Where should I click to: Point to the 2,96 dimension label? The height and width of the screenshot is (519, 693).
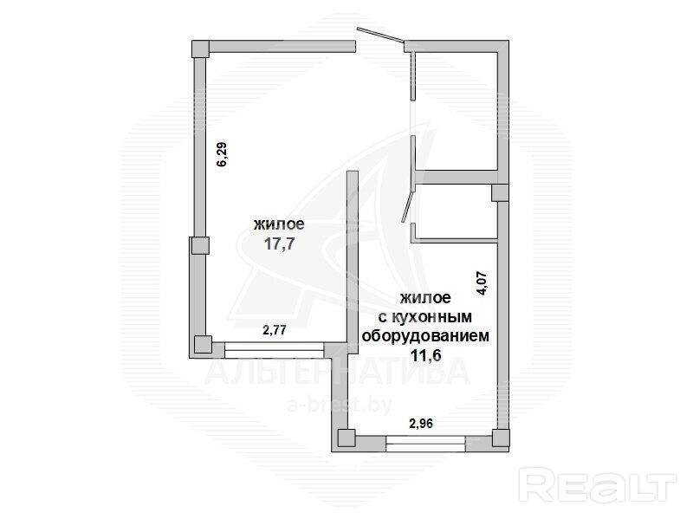pos(421,424)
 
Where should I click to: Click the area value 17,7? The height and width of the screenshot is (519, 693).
pos(279,243)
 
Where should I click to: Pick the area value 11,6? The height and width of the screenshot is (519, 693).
pos(426,355)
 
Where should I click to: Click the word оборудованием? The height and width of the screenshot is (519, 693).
pos(425,336)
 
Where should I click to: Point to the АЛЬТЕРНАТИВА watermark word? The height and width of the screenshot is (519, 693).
pos(337,371)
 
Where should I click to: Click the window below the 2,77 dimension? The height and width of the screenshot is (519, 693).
pos(275,349)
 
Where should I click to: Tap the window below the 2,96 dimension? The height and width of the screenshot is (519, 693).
pos(425,444)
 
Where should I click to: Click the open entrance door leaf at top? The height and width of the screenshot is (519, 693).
pos(381,36)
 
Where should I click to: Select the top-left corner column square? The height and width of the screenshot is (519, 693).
pos(200,49)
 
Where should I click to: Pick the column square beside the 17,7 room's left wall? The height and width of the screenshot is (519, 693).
pos(200,245)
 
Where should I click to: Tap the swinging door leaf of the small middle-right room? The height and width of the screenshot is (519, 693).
pos(408,206)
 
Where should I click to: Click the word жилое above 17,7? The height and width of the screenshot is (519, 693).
pos(279,224)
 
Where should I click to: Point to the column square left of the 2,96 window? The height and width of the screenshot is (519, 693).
pos(346,438)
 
